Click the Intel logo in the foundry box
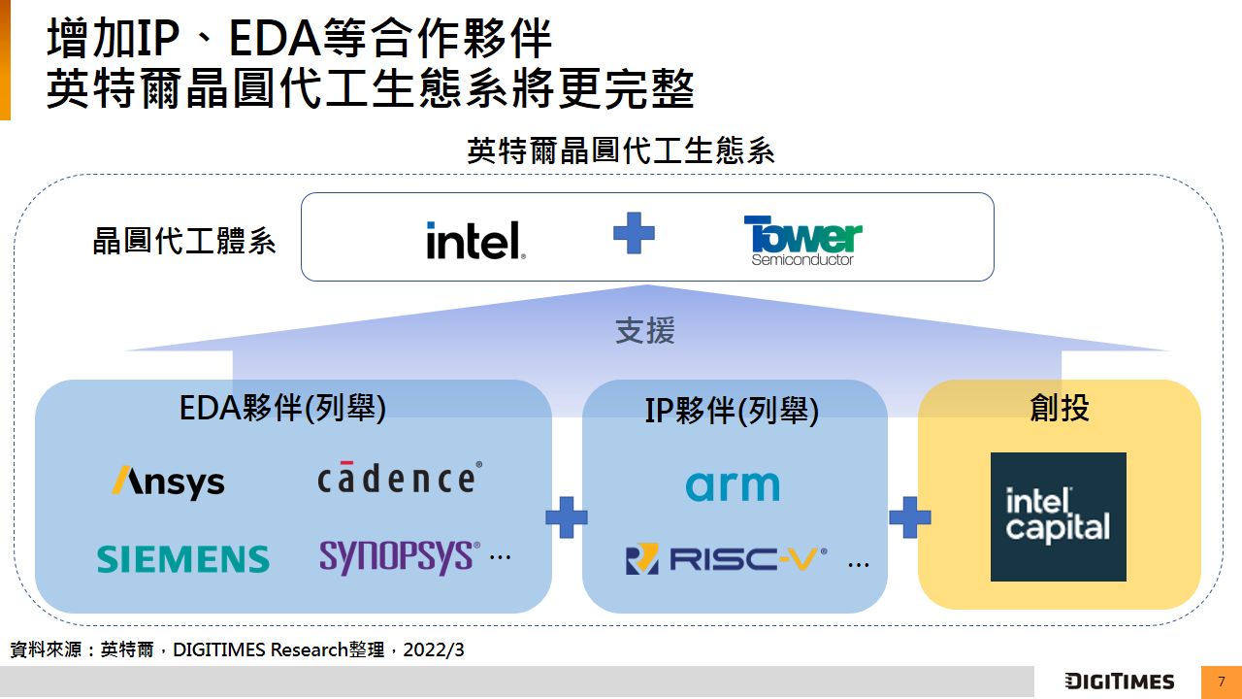475,240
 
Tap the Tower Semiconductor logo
802,240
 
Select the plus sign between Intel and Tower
634,234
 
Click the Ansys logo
168,482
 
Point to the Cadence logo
399,478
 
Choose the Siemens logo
182,558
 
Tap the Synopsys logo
399,556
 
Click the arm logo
733,485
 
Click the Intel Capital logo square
1058,516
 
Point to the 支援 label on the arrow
645,331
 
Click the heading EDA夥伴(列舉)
282,409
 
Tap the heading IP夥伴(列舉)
732,412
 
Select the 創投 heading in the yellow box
1059,408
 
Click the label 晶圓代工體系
184,241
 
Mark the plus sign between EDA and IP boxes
567,517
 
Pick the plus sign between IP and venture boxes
909,517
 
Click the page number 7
1221,682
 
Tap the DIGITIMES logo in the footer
1119,682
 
